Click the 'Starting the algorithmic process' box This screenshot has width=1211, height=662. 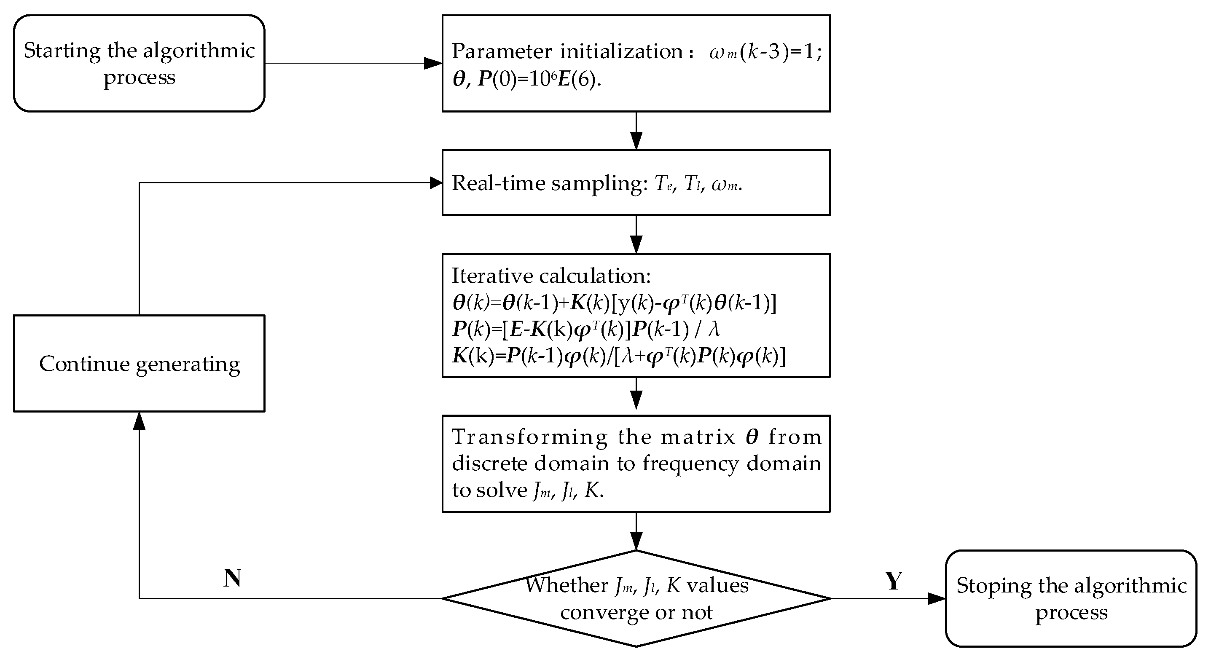139,64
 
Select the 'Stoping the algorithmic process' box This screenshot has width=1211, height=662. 1071,598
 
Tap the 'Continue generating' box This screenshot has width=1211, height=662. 139,363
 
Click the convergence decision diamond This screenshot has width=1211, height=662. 636,598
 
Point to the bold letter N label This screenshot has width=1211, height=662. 232,578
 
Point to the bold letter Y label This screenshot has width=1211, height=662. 894,581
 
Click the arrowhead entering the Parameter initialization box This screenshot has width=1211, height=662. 433,64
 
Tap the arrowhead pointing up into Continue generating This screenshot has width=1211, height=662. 139,421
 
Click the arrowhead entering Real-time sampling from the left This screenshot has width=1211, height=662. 436,183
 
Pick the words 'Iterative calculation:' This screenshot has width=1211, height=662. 551,276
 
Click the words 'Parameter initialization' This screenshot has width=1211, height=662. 567,51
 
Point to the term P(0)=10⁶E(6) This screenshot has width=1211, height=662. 539,79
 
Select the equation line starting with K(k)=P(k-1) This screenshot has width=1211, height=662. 619,356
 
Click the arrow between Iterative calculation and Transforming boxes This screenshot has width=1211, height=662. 636,396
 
